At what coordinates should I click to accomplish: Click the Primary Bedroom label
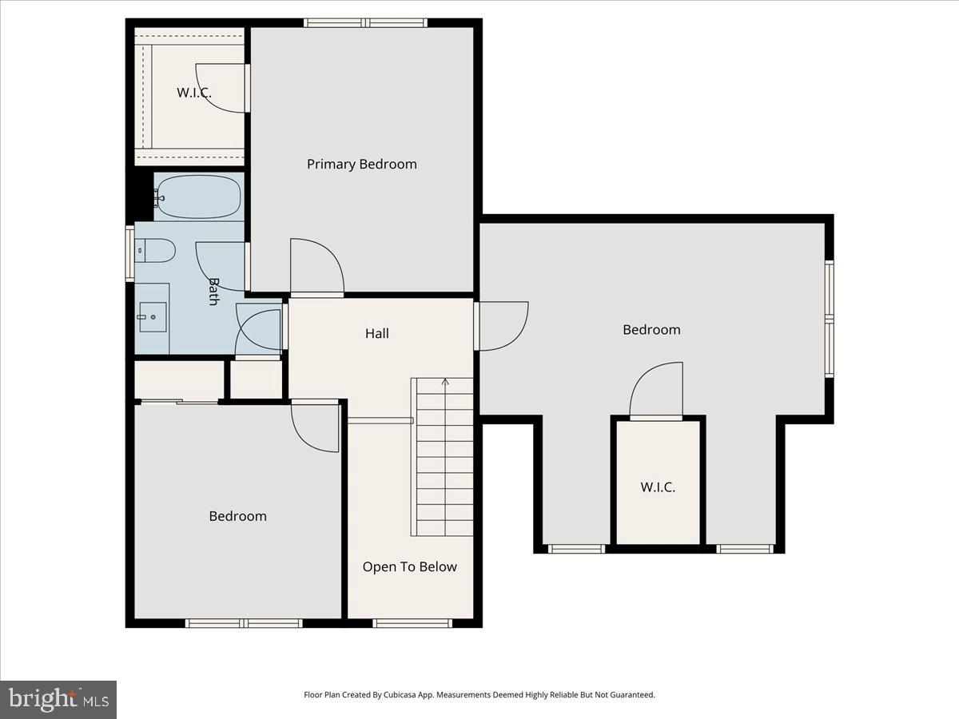(x=361, y=164)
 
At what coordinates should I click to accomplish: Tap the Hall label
(x=377, y=333)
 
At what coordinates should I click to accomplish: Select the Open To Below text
(x=409, y=566)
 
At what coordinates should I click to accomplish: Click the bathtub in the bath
(x=198, y=197)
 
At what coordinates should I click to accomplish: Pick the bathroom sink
(x=152, y=317)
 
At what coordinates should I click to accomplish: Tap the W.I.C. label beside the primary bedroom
(x=194, y=93)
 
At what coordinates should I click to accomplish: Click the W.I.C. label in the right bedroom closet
(x=658, y=487)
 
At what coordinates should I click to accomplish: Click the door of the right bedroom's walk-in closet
(x=657, y=390)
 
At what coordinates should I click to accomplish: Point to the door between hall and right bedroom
(x=502, y=325)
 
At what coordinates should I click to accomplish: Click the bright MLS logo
(x=58, y=699)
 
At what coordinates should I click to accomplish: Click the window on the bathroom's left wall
(x=129, y=253)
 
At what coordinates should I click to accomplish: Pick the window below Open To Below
(x=412, y=623)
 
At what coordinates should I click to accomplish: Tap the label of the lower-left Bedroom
(x=237, y=516)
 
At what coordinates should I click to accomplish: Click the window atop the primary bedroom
(x=365, y=22)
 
